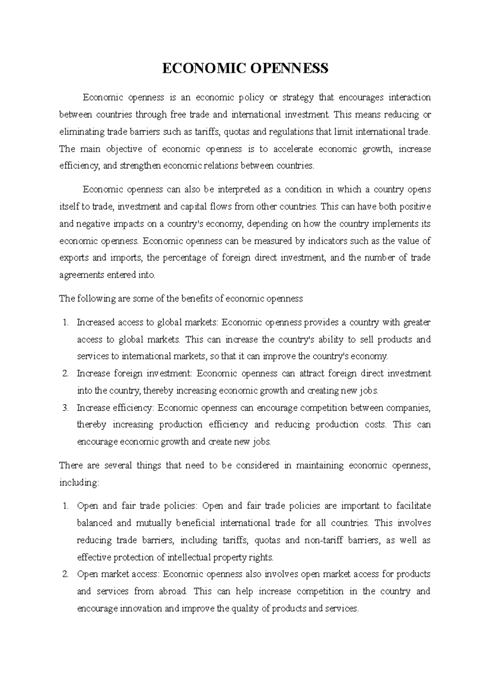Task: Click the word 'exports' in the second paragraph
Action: point(71,258)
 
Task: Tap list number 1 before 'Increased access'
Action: point(65,322)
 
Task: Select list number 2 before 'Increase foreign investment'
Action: point(65,374)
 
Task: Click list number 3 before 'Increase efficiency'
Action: point(65,408)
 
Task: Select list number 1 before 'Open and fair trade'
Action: point(65,506)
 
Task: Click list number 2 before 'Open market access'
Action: point(65,574)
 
